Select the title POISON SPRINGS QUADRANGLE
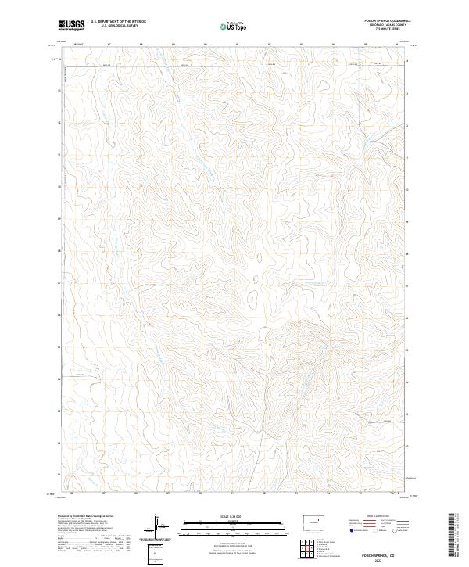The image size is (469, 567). coord(387,21)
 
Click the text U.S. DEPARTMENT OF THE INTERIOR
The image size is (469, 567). coord(118,22)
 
